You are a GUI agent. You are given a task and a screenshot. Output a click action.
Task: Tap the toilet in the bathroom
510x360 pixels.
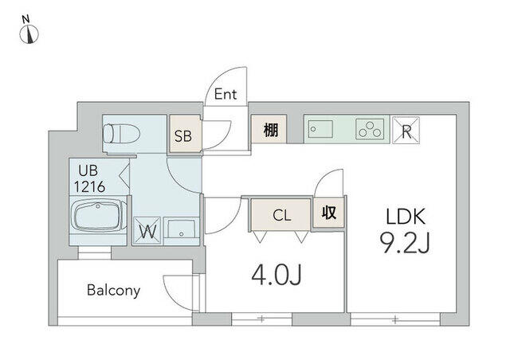click(x=121, y=133)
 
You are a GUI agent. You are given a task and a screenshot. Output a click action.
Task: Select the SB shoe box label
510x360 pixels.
click(x=183, y=136)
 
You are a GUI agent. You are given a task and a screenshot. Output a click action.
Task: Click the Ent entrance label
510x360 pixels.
click(x=226, y=94)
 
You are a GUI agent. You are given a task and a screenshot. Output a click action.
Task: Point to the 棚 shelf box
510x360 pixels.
click(x=269, y=129)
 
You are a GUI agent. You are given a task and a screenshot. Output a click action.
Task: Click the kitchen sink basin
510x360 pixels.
click(x=320, y=129)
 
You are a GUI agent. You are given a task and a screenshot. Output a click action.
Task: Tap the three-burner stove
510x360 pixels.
click(x=370, y=130)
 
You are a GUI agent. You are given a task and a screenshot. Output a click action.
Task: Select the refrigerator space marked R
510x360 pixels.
click(x=406, y=130)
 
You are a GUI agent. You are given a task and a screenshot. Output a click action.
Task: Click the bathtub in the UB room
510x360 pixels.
click(x=99, y=216)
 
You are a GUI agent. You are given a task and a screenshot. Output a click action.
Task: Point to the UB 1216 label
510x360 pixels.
click(x=89, y=178)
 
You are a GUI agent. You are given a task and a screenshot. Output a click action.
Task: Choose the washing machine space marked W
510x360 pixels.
click(x=147, y=230)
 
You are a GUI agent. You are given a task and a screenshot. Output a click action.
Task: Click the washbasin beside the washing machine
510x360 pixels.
click(x=181, y=230)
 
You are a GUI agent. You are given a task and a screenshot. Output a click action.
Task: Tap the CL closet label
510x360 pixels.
click(x=281, y=215)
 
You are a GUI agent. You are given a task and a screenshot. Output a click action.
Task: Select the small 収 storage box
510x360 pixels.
click(x=328, y=213)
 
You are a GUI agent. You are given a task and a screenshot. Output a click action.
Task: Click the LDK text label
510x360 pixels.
click(x=406, y=217)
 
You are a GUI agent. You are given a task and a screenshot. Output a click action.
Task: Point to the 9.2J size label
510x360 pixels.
click(x=405, y=244)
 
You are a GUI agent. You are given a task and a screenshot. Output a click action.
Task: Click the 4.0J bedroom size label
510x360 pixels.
click(x=277, y=275)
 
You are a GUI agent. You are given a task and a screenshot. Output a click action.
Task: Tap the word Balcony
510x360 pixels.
click(x=113, y=290)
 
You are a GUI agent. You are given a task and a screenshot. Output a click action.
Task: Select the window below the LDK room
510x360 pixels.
click(x=395, y=319)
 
